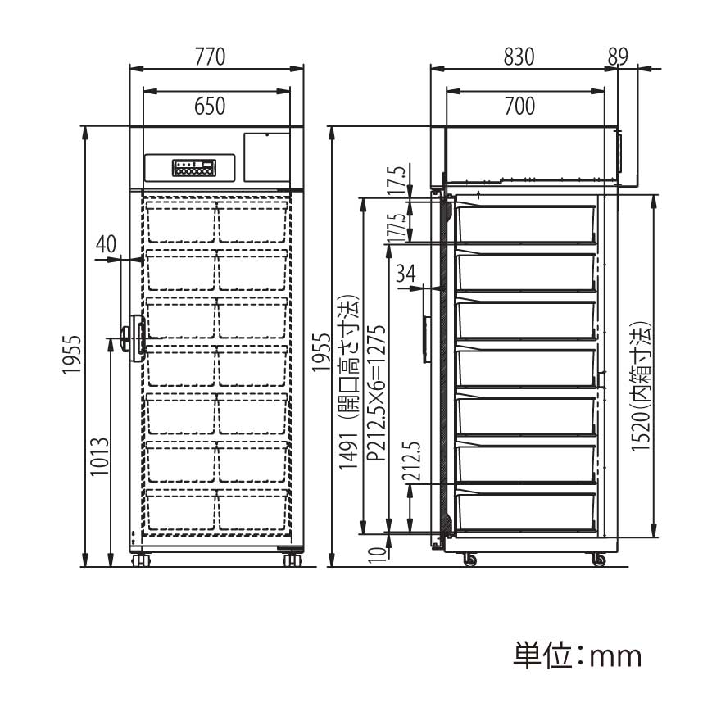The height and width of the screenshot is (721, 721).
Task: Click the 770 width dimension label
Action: (210, 57)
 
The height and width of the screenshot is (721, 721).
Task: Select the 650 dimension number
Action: (210, 107)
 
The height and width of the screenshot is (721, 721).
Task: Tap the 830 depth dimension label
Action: (519, 57)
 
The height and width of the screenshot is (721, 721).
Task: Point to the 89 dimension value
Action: (618, 57)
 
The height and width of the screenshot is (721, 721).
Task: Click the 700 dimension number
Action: (519, 107)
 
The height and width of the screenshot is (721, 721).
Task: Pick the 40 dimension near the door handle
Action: (107, 244)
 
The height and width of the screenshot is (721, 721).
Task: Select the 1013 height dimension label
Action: (100, 456)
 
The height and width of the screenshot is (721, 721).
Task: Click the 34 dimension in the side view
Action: (406, 274)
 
